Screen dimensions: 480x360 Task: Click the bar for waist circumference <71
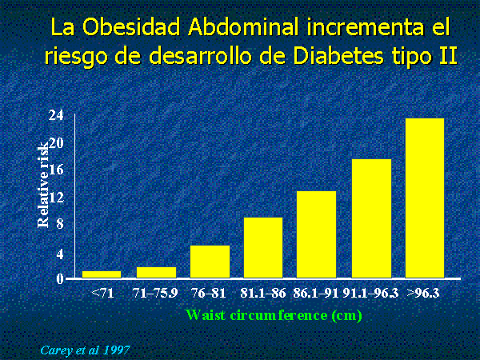(x=102, y=274)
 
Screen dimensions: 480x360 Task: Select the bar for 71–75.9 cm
(x=156, y=273)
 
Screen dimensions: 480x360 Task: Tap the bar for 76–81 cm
(x=210, y=262)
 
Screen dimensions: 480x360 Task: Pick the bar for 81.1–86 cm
(x=263, y=248)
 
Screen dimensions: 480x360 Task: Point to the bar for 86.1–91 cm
(x=316, y=234)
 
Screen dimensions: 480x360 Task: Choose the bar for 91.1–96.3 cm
(x=371, y=218)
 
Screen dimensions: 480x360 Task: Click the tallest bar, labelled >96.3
(x=425, y=198)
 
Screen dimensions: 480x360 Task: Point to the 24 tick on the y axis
(x=56, y=115)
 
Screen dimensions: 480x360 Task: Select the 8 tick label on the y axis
(x=60, y=223)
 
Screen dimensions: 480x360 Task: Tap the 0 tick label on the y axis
(x=60, y=279)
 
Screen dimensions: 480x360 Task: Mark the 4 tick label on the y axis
(x=60, y=254)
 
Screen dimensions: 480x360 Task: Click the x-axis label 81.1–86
(x=262, y=294)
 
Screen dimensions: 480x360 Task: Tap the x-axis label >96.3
(x=423, y=294)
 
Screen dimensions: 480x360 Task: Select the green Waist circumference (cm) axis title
(x=274, y=315)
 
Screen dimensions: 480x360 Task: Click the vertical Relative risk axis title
(x=43, y=185)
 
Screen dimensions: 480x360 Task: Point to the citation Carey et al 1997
(x=85, y=350)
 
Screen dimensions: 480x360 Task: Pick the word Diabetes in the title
(x=338, y=56)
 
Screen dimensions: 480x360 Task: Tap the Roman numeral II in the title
(x=449, y=56)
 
